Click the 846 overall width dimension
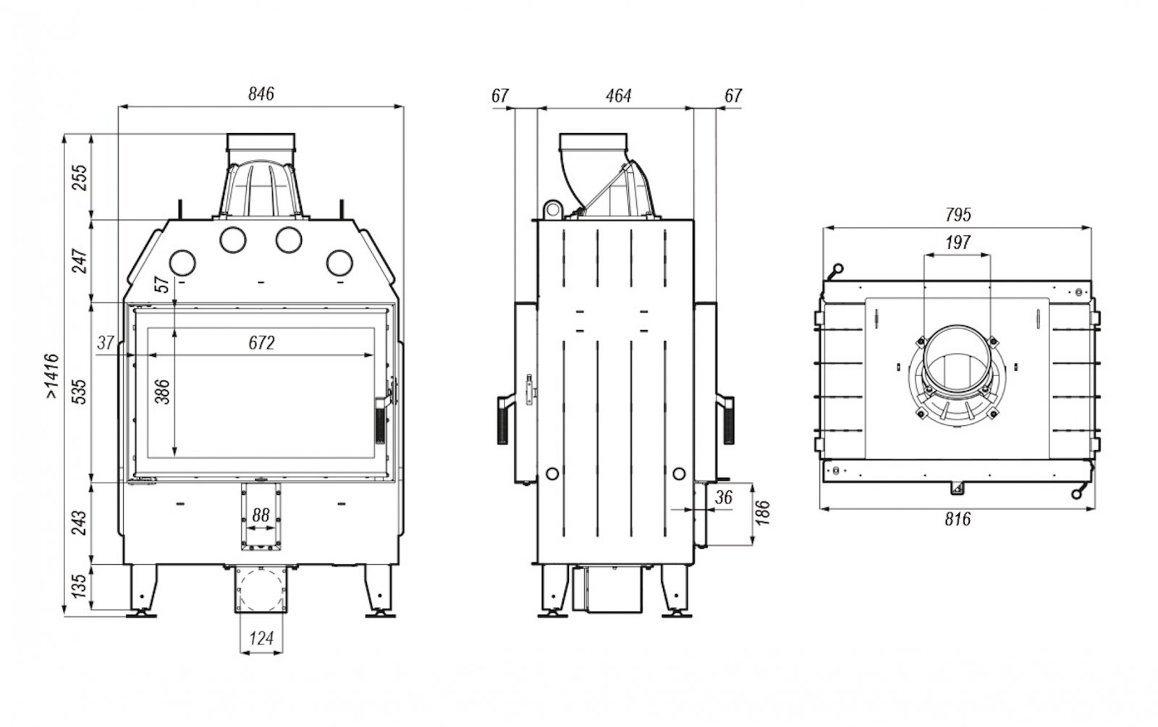(261, 94)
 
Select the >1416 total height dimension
(52, 376)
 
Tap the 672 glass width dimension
(261, 343)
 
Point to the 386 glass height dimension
(162, 391)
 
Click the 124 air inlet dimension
(261, 639)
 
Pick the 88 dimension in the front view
(261, 515)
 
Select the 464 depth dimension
(618, 95)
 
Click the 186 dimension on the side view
(763, 512)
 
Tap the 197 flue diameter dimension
(958, 242)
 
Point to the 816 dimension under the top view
(958, 519)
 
